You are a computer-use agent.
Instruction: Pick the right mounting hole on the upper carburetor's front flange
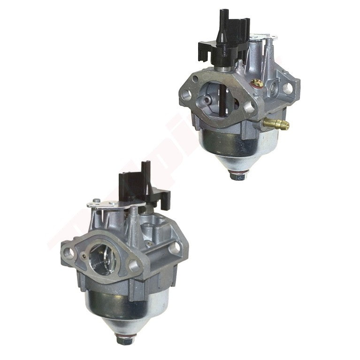(x=248, y=107)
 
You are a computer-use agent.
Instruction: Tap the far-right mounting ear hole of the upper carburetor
(x=287, y=87)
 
